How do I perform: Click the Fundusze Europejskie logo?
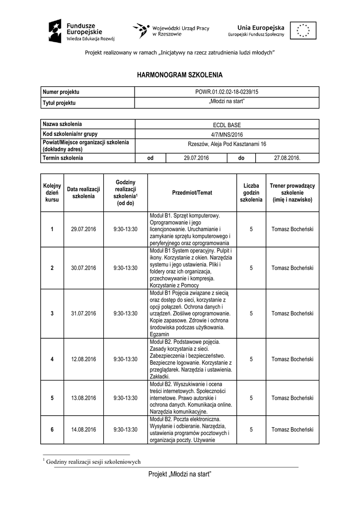tap(82, 32)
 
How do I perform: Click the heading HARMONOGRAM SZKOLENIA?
tap(180, 75)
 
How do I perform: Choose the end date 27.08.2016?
tap(288, 158)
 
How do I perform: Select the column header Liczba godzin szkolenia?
tap(251, 192)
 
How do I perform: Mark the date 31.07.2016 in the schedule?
tap(83, 314)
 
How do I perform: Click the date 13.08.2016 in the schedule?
tap(83, 398)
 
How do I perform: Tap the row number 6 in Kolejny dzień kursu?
tap(52, 429)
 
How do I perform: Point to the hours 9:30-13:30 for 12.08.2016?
tap(125, 359)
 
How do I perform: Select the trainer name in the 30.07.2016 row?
tap(292, 268)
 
